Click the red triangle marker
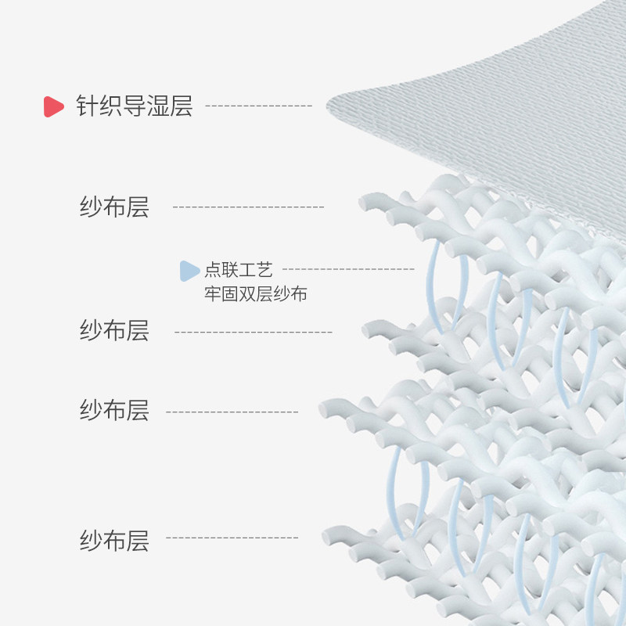pyautogui.click(x=53, y=106)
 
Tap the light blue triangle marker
pyautogui.click(x=189, y=271)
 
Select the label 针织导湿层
pyautogui.click(x=135, y=106)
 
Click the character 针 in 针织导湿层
pyautogui.click(x=88, y=106)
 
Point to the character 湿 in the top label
pyautogui.click(x=158, y=106)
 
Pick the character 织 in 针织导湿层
pyautogui.click(x=111, y=106)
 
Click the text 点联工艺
pyautogui.click(x=239, y=270)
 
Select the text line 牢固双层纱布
pyautogui.click(x=256, y=294)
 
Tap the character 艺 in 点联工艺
pyautogui.click(x=264, y=270)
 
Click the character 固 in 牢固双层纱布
pyautogui.click(x=230, y=294)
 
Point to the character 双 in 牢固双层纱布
pyautogui.click(x=247, y=294)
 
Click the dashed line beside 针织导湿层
pyautogui.click(x=259, y=106)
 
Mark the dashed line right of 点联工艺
pyautogui.click(x=348, y=269)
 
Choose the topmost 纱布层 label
pyautogui.click(x=114, y=207)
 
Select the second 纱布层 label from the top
pyautogui.click(x=114, y=330)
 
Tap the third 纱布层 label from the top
pyautogui.click(x=114, y=410)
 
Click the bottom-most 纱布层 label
pyautogui.click(x=114, y=541)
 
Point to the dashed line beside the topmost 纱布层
pyautogui.click(x=248, y=207)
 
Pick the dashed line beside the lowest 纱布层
pyautogui.click(x=232, y=538)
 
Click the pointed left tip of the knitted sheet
pyautogui.click(x=327, y=106)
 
